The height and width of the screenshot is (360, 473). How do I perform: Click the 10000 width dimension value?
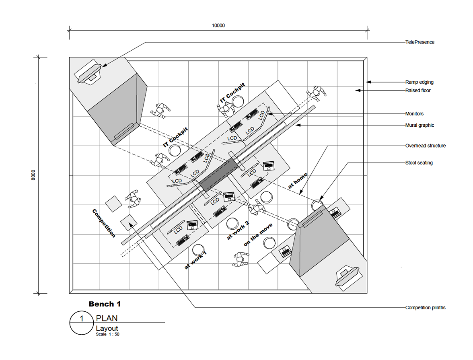pos(218,25)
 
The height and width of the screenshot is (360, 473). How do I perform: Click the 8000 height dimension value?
pos(33,175)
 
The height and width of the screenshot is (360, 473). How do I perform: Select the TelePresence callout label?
pos(420,42)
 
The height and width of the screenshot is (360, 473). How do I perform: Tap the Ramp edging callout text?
pos(419,82)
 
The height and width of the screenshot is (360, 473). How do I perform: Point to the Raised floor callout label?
pos(418,91)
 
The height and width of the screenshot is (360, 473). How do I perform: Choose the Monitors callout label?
pos(414,114)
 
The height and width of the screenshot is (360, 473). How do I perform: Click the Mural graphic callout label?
pos(420,125)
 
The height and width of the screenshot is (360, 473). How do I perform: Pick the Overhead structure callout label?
pos(426,146)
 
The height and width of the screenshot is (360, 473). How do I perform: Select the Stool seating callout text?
pos(419,163)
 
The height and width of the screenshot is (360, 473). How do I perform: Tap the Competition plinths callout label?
pos(426,308)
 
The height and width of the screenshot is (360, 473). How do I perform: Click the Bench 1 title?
pos(105,304)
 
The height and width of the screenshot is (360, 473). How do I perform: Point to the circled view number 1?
pos(81,319)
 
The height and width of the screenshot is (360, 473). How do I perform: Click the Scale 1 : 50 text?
pos(108,334)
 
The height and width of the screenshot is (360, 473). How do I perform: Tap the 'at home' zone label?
pos(298,181)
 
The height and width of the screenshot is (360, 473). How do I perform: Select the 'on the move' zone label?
pos(258,235)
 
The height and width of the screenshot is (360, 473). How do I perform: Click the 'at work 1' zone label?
pos(195,260)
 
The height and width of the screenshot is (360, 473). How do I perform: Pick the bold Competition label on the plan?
pos(104,223)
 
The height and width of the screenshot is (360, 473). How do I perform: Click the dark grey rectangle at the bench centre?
pos(219,175)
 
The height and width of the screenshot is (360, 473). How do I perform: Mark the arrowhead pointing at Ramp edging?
pos(368,82)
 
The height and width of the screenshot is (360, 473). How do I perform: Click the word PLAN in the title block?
pos(107,318)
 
